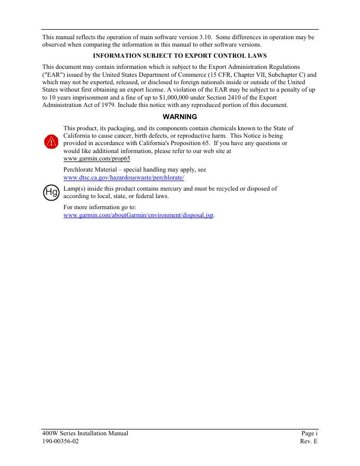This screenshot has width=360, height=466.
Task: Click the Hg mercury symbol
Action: click(51, 192)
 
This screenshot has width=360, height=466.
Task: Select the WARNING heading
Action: click(179, 116)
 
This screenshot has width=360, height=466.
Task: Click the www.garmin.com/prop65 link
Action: click(96, 158)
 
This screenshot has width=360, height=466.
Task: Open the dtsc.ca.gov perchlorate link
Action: click(123, 177)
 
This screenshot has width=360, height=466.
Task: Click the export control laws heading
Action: click(179, 56)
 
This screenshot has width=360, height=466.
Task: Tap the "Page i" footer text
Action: click(309, 433)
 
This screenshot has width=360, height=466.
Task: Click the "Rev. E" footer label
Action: click(309, 441)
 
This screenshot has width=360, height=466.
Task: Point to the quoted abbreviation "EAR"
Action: click(51, 75)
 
